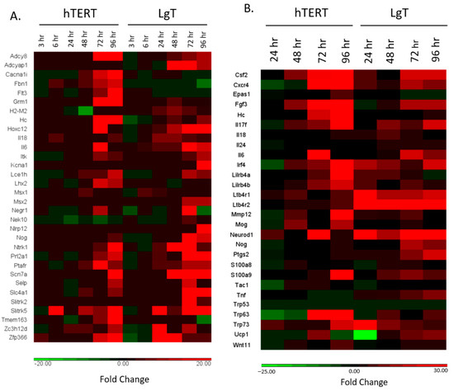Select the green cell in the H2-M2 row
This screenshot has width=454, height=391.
coord(83,111)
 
